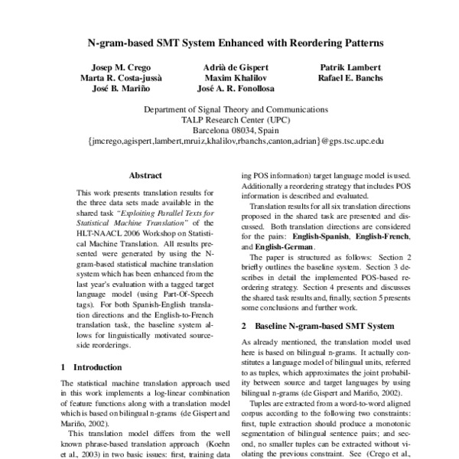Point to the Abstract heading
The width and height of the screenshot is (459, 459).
coord(145,175)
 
